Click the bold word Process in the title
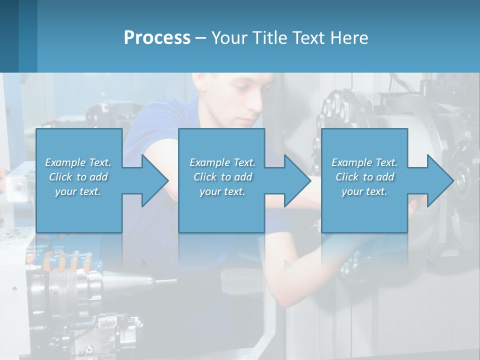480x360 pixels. coord(157,38)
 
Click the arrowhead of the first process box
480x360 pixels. coord(155,180)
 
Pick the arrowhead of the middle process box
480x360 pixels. coord(297,180)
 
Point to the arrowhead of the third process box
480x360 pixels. coord(440,180)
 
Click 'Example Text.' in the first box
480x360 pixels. coord(78,162)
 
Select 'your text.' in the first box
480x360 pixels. coord(78,191)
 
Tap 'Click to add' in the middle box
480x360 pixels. coord(222,177)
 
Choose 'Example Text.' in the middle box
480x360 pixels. coord(222,162)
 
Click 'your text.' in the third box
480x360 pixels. coord(364,191)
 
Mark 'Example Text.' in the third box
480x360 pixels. coord(364,162)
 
